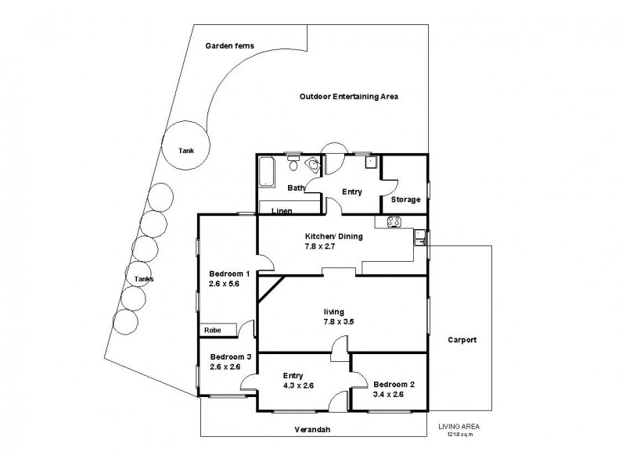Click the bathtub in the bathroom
click(268, 172)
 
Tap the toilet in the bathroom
click(293, 164)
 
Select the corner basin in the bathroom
click(315, 164)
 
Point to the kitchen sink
click(420, 236)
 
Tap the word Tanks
click(143, 279)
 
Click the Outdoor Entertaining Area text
click(349, 96)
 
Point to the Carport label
click(462, 340)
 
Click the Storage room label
click(406, 199)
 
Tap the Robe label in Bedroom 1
click(212, 331)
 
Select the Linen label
click(282, 211)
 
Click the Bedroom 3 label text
click(230, 356)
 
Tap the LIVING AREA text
click(459, 426)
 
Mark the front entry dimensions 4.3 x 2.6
click(297, 385)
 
